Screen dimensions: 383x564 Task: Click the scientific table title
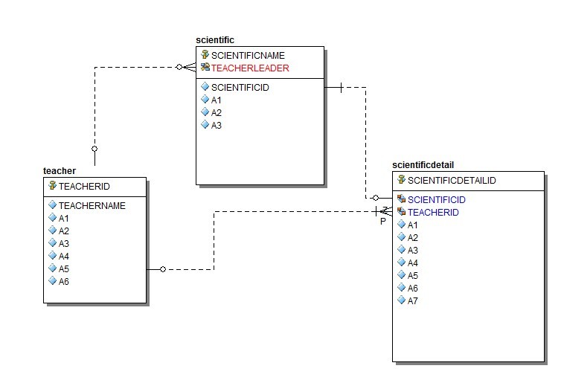pos(215,39)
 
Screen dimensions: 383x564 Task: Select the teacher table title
pos(60,171)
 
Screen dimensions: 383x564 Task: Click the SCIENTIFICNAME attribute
pos(248,55)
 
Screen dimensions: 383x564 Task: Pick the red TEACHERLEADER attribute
pos(250,68)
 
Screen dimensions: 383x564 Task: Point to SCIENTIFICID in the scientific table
pos(240,87)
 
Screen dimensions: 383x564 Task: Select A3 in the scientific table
pos(217,125)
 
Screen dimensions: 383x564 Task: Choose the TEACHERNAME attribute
pos(92,205)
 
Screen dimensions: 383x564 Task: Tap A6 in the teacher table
pos(64,281)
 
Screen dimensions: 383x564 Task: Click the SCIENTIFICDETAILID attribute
pos(452,180)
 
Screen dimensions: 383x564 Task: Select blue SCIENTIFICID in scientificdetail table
pos(436,199)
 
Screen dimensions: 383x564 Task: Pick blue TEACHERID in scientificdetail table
pos(433,212)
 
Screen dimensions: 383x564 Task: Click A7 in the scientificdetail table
pos(413,300)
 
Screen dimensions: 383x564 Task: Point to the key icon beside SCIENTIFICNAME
pos(205,55)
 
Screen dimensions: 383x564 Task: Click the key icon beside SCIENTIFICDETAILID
pos(401,180)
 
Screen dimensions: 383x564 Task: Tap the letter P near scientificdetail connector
pos(383,222)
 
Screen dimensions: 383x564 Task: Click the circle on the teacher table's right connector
pos(162,269)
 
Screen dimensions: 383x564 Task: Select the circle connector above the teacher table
pos(94,149)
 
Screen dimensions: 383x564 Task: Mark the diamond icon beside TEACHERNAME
pos(52,205)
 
